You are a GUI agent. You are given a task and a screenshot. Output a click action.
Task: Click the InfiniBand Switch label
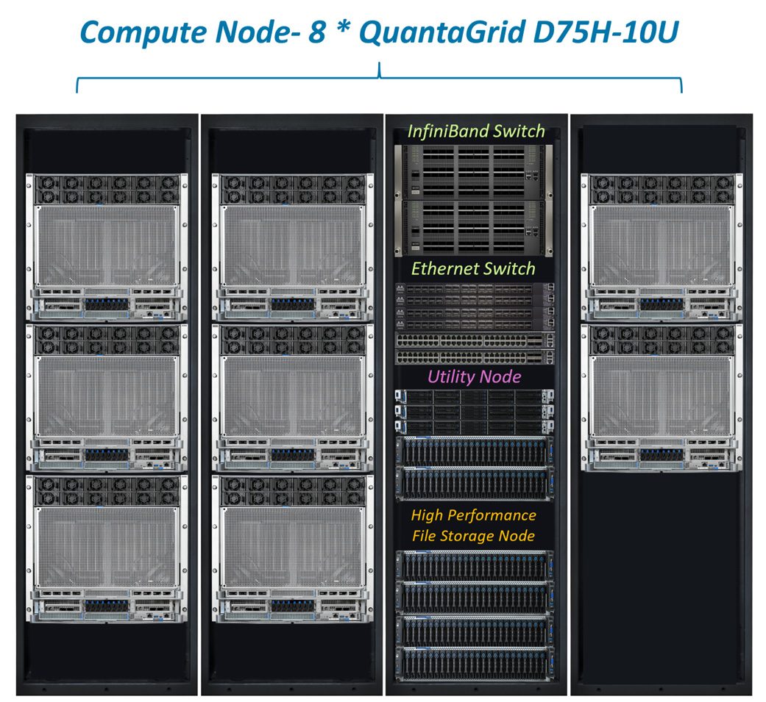click(476, 132)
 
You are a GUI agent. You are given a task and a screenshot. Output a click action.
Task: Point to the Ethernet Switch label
click(473, 268)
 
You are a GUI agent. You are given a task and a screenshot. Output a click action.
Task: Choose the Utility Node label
click(475, 377)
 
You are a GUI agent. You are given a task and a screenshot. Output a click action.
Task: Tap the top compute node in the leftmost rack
click(107, 247)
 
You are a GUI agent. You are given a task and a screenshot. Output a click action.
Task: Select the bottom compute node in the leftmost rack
click(107, 548)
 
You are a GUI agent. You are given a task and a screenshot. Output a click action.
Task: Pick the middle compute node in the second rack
click(292, 398)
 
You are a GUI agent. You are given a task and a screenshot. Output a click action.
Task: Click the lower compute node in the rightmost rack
click(662, 398)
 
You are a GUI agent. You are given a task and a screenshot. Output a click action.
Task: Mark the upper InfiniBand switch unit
click(475, 171)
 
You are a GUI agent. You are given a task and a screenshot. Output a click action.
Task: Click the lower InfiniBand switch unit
click(475, 226)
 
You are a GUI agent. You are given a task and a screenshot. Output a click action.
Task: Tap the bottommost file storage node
click(475, 664)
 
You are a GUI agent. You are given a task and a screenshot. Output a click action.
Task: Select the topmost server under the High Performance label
click(475, 564)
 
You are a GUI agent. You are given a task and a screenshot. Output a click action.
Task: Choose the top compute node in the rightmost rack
click(662, 247)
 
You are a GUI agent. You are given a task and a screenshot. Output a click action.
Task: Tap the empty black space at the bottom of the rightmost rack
click(662, 581)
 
